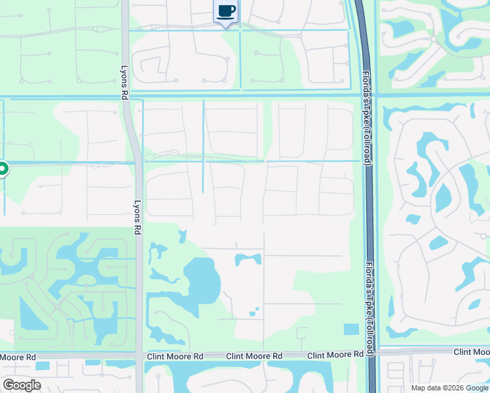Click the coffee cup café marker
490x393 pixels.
226,12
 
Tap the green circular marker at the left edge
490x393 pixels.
2,170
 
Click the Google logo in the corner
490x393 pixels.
22,384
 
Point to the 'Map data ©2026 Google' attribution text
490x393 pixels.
449,388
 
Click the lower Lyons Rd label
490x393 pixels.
138,217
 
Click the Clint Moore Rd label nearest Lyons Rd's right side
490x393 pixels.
175,356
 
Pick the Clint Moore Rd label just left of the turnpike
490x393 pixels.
335,354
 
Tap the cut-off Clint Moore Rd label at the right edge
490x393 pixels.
472,353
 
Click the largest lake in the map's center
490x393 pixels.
201,280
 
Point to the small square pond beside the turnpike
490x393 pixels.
351,329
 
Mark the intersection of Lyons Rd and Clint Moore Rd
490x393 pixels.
139,356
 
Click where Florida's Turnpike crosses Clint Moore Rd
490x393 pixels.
371,353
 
